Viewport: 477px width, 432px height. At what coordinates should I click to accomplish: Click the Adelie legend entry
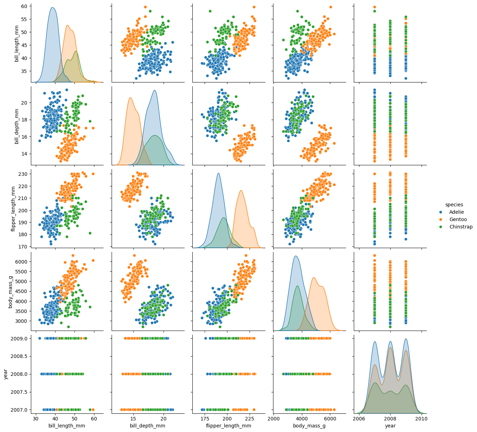click(x=456, y=212)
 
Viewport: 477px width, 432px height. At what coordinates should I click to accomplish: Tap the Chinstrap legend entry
click(x=461, y=227)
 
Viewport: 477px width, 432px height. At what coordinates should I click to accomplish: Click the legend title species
click(x=454, y=205)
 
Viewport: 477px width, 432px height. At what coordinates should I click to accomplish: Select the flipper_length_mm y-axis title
click(x=13, y=208)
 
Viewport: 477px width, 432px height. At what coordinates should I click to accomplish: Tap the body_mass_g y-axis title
click(x=11, y=291)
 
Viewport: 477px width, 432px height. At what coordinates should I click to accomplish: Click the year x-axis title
click(x=390, y=426)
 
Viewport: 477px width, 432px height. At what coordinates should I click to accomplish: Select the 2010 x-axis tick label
click(x=422, y=419)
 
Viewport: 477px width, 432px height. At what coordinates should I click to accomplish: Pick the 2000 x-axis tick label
click(x=274, y=419)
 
